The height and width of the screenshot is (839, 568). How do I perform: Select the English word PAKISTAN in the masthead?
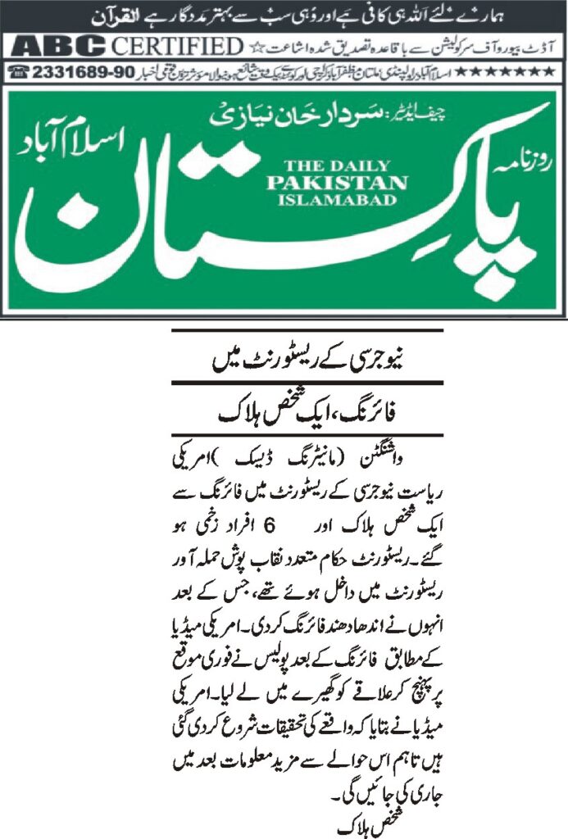coord(325,181)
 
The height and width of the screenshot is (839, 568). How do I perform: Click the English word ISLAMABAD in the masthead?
coord(325,198)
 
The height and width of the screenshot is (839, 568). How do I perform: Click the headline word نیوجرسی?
coord(407,359)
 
